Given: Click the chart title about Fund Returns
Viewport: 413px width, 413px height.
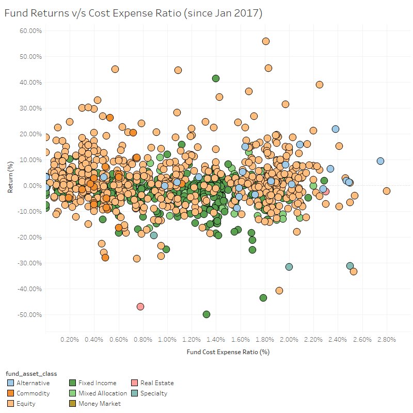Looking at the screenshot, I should click(133, 13).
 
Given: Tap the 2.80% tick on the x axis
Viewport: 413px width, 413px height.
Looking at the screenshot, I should click(386, 340).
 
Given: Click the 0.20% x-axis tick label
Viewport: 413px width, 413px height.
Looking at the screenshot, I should click(70, 340).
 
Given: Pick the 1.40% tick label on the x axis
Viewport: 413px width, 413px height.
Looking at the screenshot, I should click(216, 340).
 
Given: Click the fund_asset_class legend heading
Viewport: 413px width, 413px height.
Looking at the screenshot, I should click(30, 373).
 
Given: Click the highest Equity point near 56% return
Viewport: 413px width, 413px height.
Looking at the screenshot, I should click(266, 41).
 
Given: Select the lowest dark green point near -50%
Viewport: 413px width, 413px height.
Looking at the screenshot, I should click(206, 314).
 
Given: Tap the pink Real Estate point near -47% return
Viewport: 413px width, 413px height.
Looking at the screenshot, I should click(140, 307).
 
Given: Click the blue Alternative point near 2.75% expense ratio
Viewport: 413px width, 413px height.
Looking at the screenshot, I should click(380, 161).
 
